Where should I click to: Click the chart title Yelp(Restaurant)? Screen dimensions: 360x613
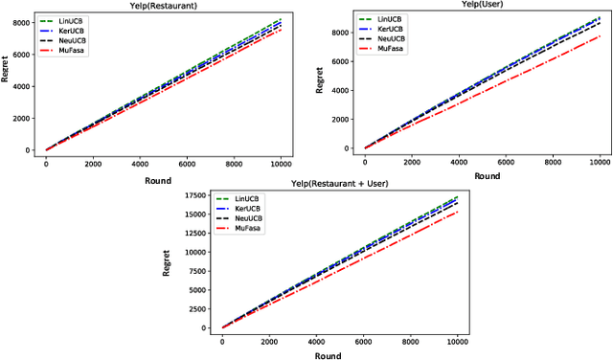click(162, 6)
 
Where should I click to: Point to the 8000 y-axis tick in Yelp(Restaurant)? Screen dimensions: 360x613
click(23, 23)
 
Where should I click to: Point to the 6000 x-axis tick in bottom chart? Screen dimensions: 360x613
click(362, 340)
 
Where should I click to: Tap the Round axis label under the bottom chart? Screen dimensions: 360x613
click(339, 353)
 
